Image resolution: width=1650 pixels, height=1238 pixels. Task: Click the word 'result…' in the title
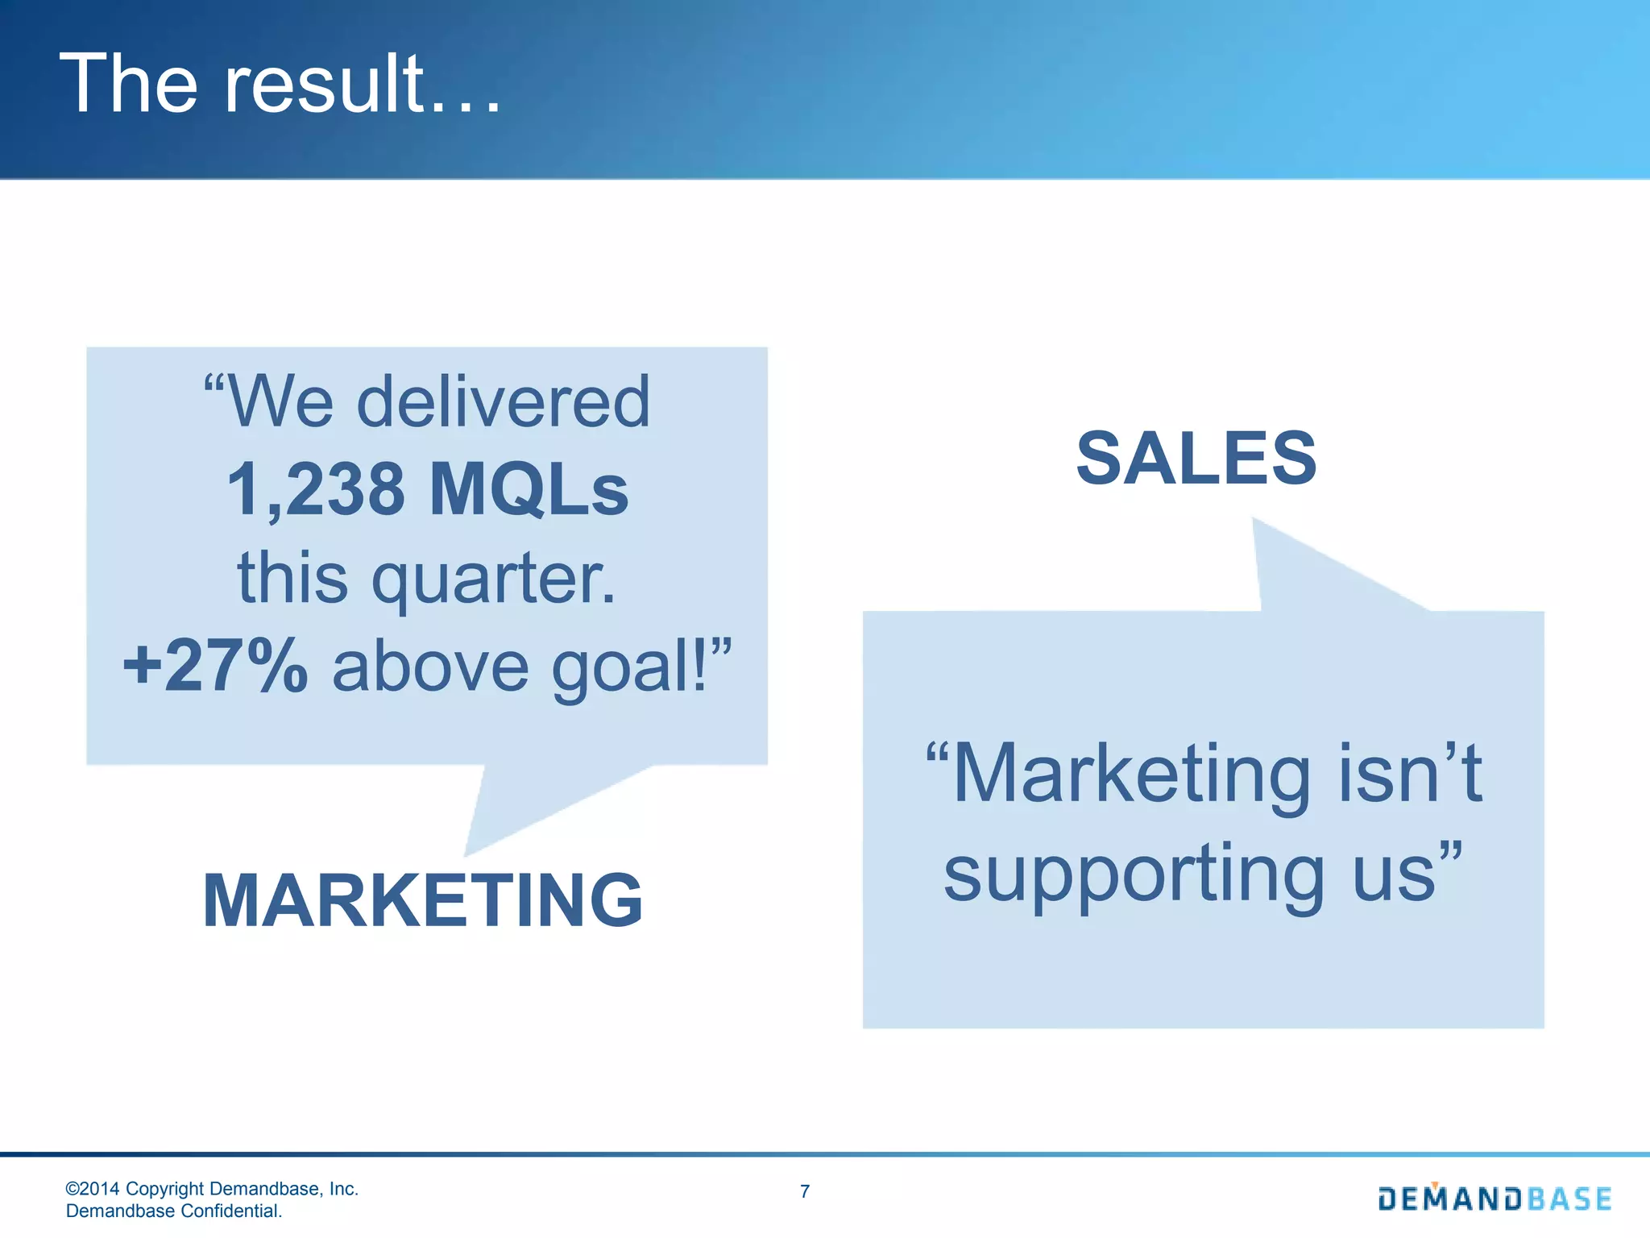click(x=363, y=84)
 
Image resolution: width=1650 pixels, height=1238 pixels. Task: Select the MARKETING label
click(x=423, y=900)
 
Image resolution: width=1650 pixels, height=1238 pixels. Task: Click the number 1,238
click(x=316, y=490)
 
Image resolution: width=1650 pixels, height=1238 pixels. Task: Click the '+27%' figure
click(x=215, y=666)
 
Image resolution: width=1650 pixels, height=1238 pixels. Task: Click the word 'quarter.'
click(x=493, y=579)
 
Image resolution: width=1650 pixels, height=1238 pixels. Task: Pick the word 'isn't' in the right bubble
click(x=1410, y=774)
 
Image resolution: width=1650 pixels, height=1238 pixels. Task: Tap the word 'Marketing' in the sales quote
click(x=1131, y=774)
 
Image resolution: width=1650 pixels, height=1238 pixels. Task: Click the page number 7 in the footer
click(x=805, y=1191)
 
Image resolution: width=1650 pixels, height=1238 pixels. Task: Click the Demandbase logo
click(x=1495, y=1199)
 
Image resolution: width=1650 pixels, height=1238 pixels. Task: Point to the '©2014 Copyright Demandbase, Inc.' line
click(x=212, y=1189)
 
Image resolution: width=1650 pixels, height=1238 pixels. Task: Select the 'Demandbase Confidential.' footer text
click(x=174, y=1211)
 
